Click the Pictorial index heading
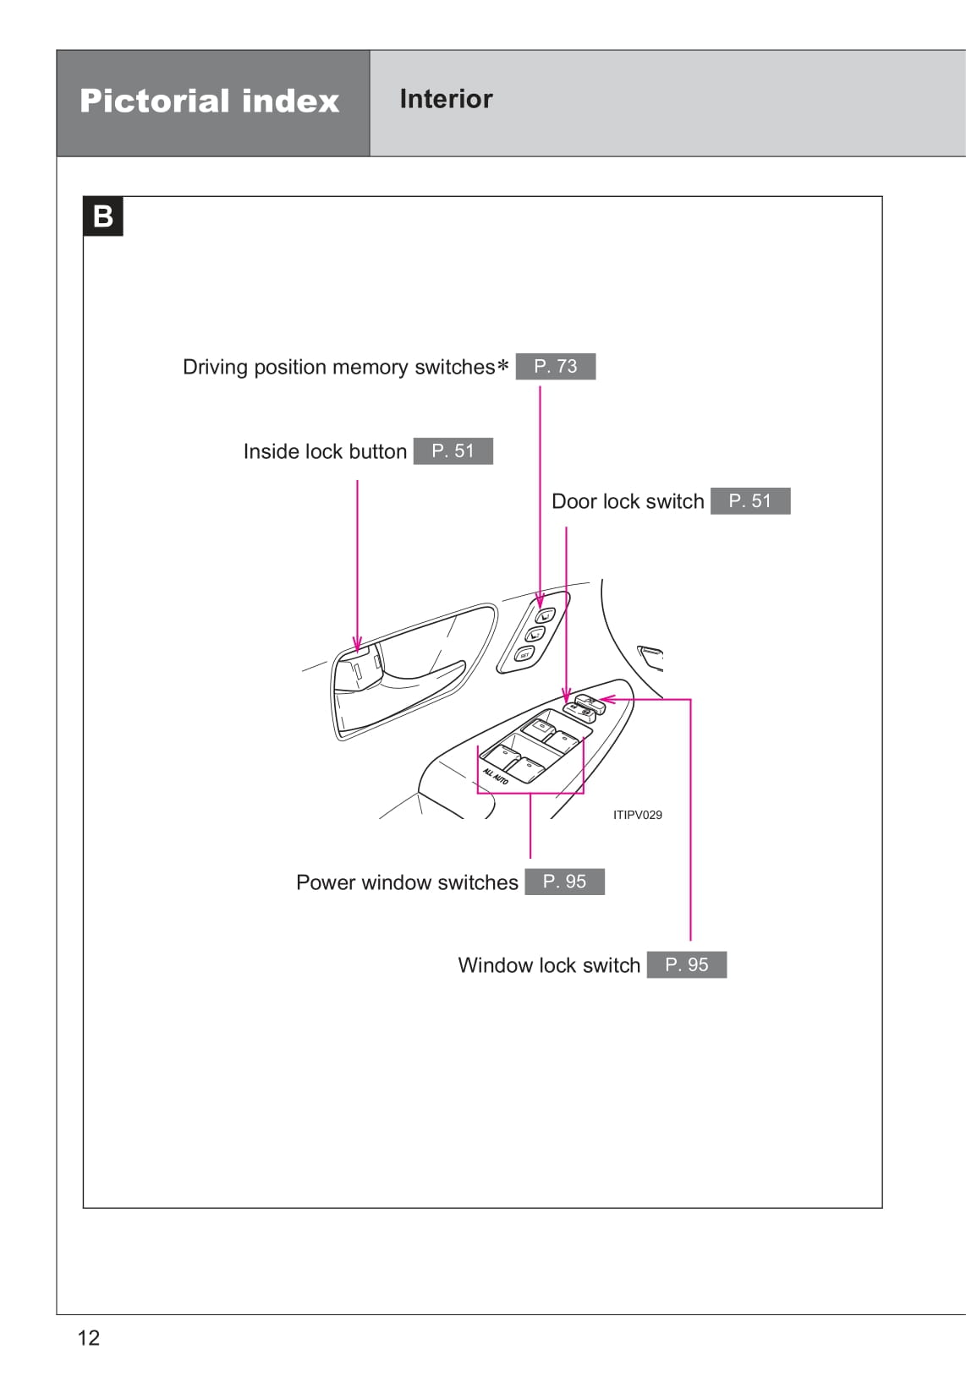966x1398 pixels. [x=209, y=101]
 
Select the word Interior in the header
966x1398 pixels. [x=446, y=99]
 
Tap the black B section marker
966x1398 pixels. [x=103, y=216]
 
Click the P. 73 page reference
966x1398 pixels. [x=555, y=366]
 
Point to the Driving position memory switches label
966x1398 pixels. [x=338, y=367]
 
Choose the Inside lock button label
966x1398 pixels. [x=325, y=451]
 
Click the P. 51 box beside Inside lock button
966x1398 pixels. [x=453, y=451]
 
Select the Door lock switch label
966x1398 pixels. [x=627, y=501]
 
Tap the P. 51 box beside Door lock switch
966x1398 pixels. [x=749, y=501]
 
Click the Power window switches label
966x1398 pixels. [x=407, y=882]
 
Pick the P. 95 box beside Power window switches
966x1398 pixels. [x=564, y=882]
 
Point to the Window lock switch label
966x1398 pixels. [x=549, y=965]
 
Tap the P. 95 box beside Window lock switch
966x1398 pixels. [x=686, y=964]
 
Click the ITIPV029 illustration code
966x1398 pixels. [x=637, y=815]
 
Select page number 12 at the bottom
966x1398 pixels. [x=88, y=1337]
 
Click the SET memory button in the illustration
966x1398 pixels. [x=524, y=655]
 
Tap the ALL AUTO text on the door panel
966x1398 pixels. [x=495, y=775]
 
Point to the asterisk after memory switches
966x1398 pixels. [x=503, y=366]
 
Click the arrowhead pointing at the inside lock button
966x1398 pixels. [x=357, y=644]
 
